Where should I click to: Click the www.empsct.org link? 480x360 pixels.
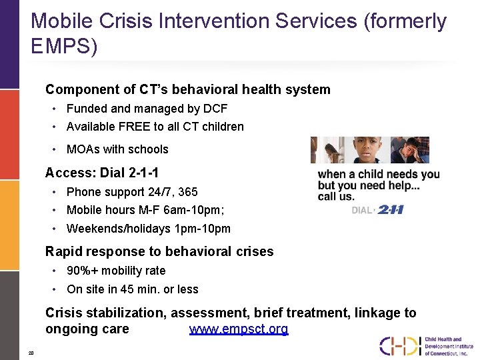[x=239, y=329]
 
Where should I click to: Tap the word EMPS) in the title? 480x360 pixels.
[x=64, y=46]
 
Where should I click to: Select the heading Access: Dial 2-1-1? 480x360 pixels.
[x=101, y=173]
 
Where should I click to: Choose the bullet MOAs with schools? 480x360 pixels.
[x=117, y=149]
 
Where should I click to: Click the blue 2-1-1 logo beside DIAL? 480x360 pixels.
[x=391, y=209]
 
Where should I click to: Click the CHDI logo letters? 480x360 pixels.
[x=400, y=345]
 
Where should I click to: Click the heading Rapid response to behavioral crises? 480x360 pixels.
[x=159, y=252]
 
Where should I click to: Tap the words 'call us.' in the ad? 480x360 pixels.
[x=337, y=197]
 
